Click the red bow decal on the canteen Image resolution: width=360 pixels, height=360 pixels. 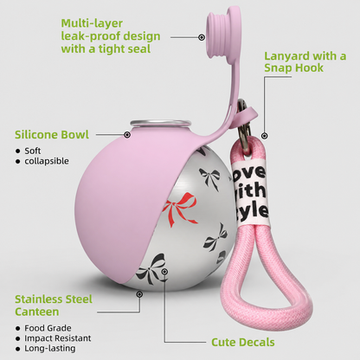coord(179,209)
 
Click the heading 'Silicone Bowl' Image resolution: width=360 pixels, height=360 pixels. coord(52,135)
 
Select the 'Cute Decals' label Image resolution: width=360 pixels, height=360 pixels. coord(243,343)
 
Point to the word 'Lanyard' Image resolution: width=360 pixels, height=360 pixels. coord(286,56)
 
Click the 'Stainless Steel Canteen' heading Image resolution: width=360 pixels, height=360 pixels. coord(54,305)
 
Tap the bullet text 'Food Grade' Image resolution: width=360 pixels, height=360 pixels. coord(48,328)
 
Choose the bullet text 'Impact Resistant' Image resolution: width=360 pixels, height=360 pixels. coord(58,338)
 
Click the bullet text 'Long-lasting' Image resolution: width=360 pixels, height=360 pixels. coord(50,349)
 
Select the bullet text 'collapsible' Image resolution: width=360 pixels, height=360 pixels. coord(47,161)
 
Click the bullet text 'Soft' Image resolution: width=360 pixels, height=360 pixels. coord(33,151)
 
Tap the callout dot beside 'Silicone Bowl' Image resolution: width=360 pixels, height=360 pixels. coord(127,134)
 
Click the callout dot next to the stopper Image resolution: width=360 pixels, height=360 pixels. coord(202,37)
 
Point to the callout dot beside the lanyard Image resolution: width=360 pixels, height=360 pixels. coord(265,136)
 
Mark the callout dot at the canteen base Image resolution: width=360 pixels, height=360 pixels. coord(139,294)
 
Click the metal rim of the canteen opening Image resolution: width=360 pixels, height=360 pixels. coord(158,123)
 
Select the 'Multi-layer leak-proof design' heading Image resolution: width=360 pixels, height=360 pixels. coord(111,36)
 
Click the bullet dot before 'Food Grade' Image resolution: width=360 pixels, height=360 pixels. coord(18,329)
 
